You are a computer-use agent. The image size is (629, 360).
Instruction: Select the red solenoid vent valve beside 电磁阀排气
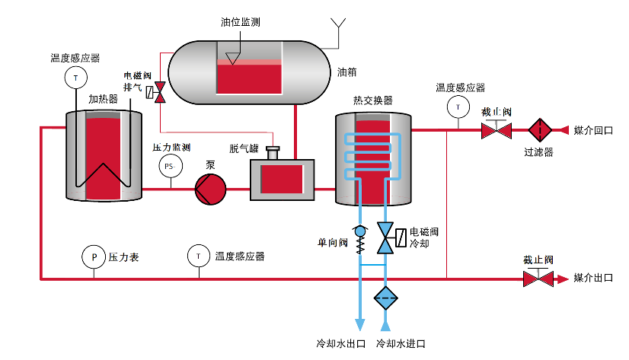coord(160,93)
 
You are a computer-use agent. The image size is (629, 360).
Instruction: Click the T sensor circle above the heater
coord(75,76)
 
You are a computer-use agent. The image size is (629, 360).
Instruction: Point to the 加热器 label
coord(103,99)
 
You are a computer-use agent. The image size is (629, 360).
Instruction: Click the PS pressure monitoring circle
coord(170,166)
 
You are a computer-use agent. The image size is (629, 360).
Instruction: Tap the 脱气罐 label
coord(245,148)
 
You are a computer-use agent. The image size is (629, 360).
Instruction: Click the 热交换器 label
coord(372,100)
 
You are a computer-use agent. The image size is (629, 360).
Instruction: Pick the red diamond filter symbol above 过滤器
coord(538,129)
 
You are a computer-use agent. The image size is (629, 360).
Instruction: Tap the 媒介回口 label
coord(593,130)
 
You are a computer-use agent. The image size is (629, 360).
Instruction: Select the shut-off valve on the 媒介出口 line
coord(538,278)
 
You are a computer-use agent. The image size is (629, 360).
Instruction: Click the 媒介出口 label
coord(593,278)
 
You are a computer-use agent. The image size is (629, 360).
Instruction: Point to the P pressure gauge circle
coord(94,257)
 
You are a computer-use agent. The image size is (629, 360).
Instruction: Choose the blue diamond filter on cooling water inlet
coord(385,298)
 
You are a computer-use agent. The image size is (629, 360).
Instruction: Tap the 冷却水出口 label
coord(340,343)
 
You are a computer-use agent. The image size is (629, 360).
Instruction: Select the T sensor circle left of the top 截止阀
coord(458,107)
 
